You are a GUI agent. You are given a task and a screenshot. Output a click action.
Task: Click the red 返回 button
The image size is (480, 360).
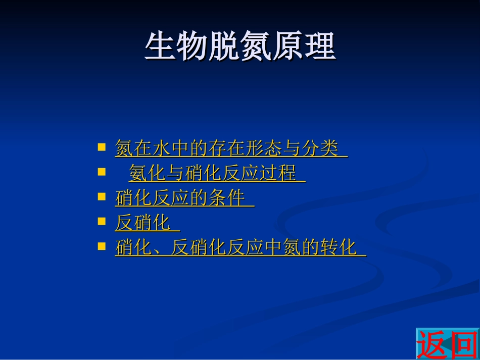[447, 344]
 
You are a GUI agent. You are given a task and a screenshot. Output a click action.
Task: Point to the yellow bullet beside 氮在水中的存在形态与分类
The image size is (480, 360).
[102, 147]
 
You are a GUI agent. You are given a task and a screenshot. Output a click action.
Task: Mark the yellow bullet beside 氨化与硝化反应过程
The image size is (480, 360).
[102, 172]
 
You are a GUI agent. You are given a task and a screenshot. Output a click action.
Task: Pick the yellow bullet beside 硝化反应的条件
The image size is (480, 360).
[102, 197]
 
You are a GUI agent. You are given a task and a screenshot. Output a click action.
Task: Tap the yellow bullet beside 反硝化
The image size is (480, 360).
[102, 222]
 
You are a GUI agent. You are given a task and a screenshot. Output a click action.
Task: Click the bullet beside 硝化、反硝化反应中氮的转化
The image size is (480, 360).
[102, 246]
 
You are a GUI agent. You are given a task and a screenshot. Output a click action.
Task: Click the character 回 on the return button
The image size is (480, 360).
[463, 344]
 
